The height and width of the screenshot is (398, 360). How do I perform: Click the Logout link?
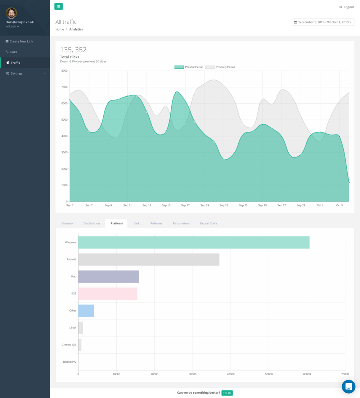[x=347, y=7]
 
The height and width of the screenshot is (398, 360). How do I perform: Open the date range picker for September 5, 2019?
[x=323, y=22]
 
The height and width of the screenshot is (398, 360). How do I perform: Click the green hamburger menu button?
[x=58, y=6]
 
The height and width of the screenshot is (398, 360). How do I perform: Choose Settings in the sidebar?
[x=17, y=73]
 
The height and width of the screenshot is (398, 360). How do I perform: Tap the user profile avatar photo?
[x=11, y=13]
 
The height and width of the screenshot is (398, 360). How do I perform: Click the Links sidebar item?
[x=13, y=52]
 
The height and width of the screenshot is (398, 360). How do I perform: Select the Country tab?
[x=67, y=223]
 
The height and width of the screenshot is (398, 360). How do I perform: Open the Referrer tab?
[x=156, y=223]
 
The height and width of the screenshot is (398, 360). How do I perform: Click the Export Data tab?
[x=208, y=223]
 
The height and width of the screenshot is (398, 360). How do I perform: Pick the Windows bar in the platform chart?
[x=194, y=242]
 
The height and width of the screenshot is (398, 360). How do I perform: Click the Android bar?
[x=149, y=259]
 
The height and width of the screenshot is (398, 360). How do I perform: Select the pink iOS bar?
[x=108, y=294]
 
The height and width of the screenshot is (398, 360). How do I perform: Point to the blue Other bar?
[x=86, y=310]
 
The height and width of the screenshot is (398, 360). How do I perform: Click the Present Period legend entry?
[x=189, y=67]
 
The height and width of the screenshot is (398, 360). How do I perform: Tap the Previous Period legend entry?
[x=220, y=67]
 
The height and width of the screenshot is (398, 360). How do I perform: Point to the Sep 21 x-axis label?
[x=224, y=205]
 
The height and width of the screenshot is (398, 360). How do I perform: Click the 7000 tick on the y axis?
[x=64, y=87]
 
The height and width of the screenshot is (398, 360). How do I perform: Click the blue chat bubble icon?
[x=348, y=386]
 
